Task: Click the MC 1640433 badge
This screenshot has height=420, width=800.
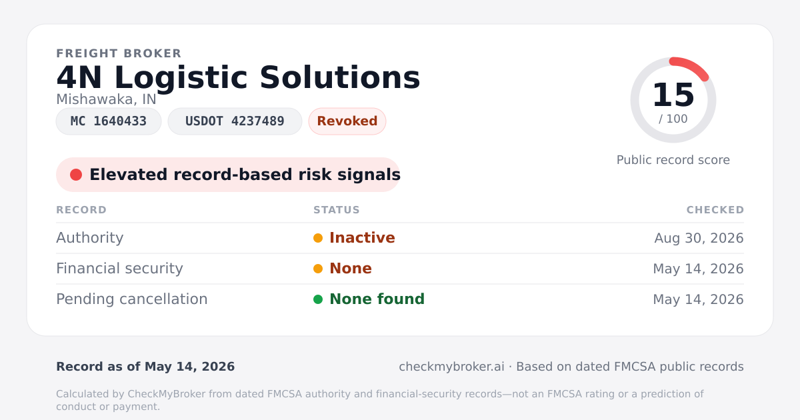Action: tap(109, 121)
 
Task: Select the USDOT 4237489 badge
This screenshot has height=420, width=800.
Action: tap(235, 121)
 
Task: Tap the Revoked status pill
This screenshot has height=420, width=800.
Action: tap(347, 121)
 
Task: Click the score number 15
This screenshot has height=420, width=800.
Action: tap(673, 95)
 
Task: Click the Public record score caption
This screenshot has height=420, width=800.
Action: tap(673, 160)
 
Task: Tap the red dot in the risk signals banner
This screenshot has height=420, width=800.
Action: tap(76, 175)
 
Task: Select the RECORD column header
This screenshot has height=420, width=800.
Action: tap(81, 209)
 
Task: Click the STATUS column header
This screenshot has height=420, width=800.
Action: tap(337, 209)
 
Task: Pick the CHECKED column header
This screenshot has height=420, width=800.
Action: tap(715, 209)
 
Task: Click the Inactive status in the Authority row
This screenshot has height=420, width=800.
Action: tap(362, 238)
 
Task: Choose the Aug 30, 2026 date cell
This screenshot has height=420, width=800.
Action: tap(699, 238)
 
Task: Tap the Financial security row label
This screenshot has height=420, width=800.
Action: tap(119, 269)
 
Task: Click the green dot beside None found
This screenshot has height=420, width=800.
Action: tap(318, 299)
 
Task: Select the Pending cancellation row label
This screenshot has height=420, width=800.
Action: tap(132, 299)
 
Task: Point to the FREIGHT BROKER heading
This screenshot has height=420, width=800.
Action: tap(119, 53)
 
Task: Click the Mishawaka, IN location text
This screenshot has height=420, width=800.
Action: tap(106, 99)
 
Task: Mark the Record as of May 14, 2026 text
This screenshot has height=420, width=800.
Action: tap(145, 367)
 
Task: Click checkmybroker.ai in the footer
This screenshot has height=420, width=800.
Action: tap(451, 367)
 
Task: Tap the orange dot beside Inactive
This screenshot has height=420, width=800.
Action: tap(318, 238)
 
